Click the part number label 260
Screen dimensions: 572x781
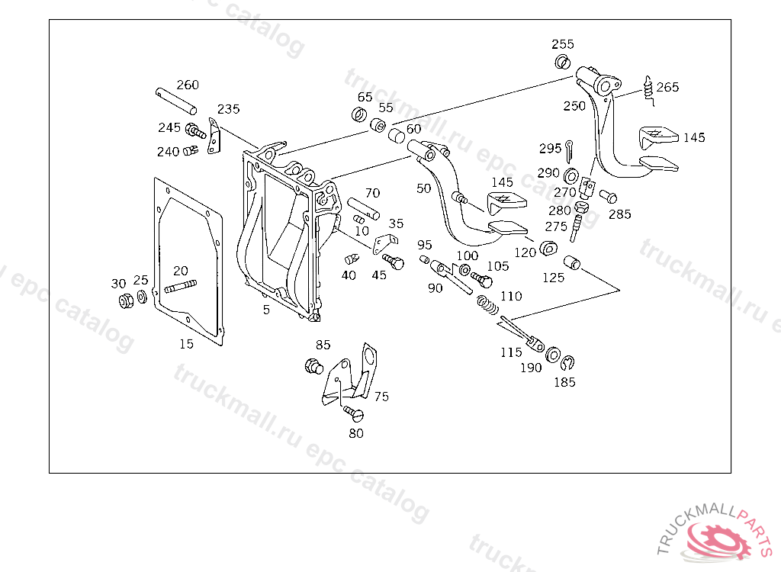pos(188,85)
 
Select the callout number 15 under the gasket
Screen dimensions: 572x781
pos(187,344)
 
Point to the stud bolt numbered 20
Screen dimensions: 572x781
pos(180,288)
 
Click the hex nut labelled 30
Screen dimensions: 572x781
pos(126,300)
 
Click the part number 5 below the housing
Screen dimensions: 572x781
pos(266,310)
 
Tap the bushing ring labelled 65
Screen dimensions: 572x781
pos(358,115)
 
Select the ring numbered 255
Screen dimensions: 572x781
pos(563,62)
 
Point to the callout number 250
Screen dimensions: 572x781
pos(574,106)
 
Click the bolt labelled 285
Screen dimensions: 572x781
pos(609,196)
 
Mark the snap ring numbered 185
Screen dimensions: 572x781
pos(567,362)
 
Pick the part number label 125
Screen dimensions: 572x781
pos(554,278)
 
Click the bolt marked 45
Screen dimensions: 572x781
pos(394,261)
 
